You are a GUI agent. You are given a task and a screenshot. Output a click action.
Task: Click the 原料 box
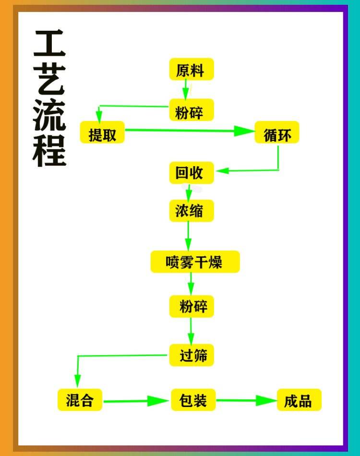(191, 70)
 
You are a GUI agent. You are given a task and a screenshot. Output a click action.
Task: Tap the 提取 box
(102, 133)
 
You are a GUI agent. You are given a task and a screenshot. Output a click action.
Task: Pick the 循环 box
(277, 133)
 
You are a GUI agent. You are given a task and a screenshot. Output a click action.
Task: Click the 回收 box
(191, 173)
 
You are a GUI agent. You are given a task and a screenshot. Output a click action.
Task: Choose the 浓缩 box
(191, 211)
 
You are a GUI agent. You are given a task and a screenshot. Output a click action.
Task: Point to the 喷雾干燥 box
(195, 262)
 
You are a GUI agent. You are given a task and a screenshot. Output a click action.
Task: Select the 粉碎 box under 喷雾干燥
(191, 306)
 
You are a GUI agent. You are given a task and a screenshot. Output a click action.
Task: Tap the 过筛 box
(191, 355)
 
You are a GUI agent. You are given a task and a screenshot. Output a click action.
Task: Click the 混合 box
(80, 400)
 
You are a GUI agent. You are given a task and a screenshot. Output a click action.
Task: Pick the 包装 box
(193, 400)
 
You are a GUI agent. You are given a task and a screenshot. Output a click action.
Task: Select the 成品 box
(299, 400)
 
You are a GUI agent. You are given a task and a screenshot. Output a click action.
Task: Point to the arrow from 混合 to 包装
(137, 401)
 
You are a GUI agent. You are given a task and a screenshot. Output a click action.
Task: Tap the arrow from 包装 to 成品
(246, 400)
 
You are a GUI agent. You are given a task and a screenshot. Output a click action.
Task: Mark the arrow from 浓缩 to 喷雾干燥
(188, 236)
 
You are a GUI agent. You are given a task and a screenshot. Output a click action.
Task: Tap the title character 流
(49, 116)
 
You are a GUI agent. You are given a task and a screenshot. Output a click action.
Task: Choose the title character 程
(49, 150)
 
